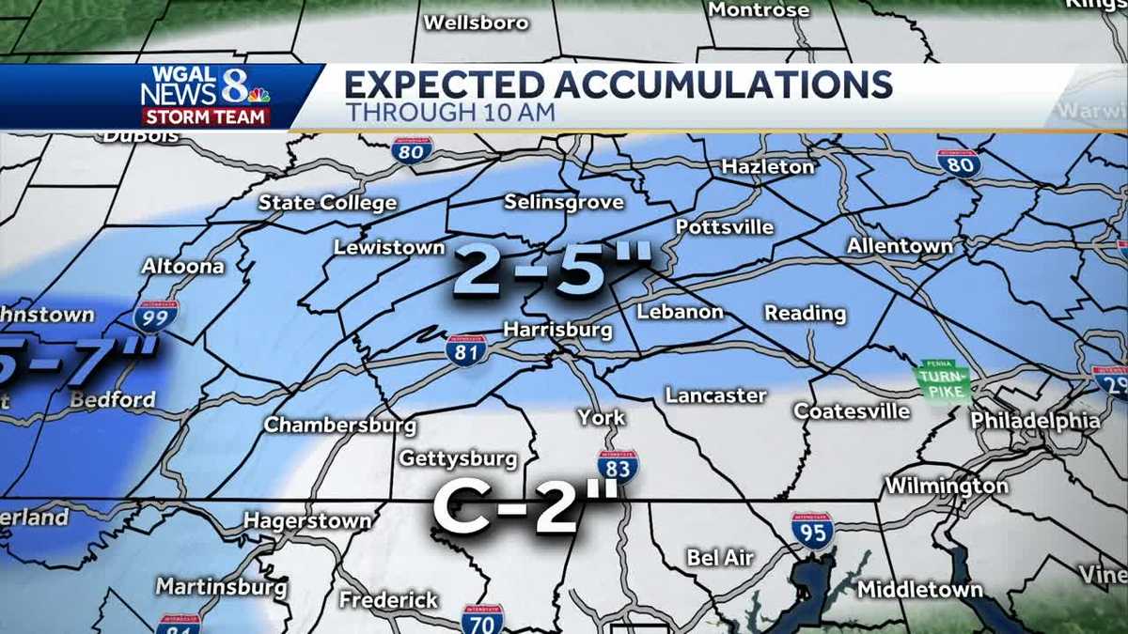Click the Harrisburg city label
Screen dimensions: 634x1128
(557, 330)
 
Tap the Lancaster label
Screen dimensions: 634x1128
(716, 395)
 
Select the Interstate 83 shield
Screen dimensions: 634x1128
(618, 467)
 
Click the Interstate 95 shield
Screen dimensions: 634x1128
(812, 531)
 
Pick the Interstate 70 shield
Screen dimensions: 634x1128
(482, 619)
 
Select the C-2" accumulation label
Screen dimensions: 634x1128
(525, 508)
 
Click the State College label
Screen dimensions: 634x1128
(327, 203)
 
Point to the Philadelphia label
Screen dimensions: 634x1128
(1035, 420)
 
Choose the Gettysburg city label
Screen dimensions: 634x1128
(458, 458)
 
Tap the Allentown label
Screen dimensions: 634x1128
(900, 246)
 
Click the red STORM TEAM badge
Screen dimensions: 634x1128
(206, 117)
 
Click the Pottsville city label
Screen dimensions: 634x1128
(725, 227)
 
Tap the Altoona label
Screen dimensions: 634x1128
(182, 266)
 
